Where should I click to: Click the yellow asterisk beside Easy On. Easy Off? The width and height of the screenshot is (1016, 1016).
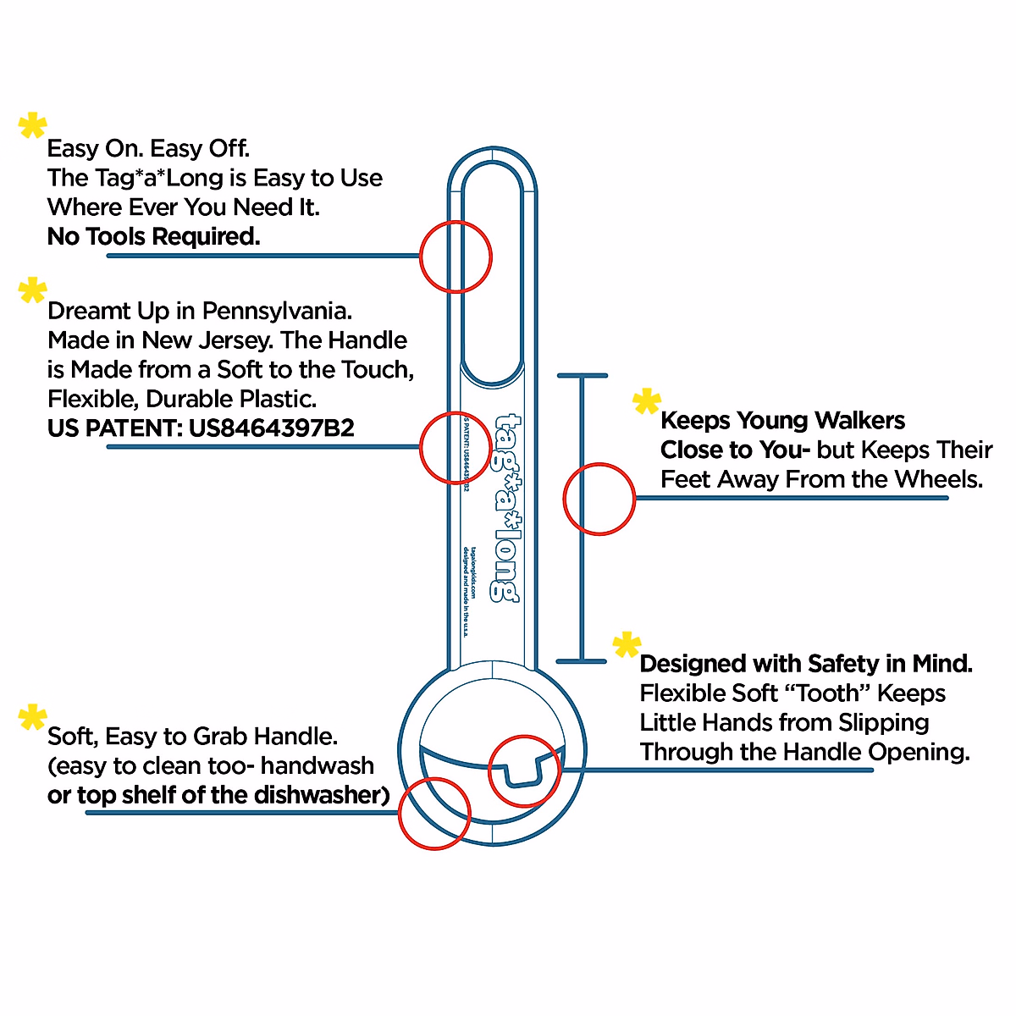33,126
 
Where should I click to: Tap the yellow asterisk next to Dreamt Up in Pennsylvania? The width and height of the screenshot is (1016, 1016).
33,290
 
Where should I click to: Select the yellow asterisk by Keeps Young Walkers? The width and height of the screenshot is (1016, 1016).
647,402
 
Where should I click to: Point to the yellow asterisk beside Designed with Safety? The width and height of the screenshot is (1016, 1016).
627,646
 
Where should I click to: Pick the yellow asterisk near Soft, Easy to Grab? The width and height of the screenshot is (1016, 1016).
33,718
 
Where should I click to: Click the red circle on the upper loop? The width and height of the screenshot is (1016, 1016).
456,257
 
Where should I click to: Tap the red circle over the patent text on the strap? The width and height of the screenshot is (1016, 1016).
456,448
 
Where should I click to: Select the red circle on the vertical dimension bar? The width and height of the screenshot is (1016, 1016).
599,499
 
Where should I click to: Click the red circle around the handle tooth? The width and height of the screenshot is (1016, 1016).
525,770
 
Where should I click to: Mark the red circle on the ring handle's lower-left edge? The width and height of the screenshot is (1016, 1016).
434,813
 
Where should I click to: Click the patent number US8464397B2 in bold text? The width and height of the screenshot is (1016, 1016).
271,428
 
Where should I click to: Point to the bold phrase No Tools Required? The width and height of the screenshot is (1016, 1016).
154,237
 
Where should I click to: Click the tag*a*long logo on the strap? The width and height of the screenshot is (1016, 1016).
506,508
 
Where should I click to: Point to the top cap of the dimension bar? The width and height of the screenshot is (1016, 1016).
582,375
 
